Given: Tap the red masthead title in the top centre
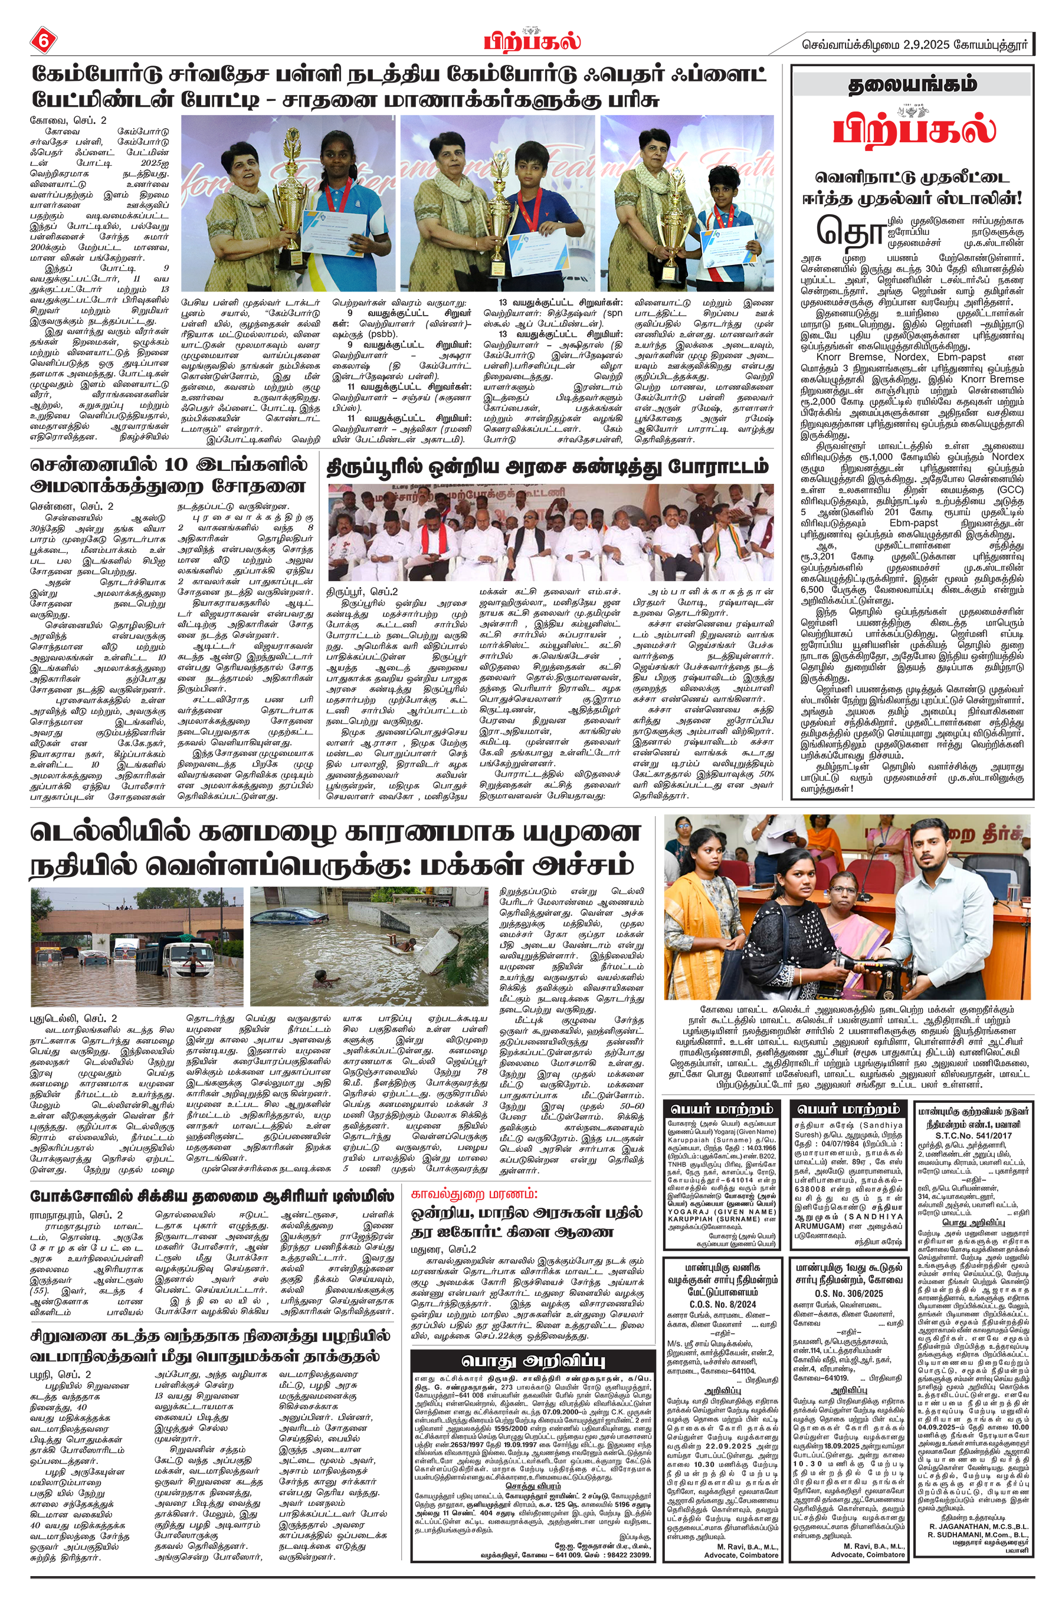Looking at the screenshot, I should (x=532, y=41).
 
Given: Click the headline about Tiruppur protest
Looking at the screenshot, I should (x=548, y=467).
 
